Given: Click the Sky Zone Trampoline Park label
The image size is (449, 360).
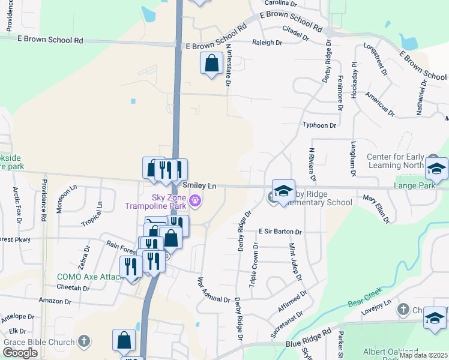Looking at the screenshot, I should [155, 202].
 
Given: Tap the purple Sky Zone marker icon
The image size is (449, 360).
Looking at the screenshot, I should [194, 201].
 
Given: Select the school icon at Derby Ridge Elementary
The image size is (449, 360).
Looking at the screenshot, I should [283, 191].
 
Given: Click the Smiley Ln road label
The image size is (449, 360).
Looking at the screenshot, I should [199, 187].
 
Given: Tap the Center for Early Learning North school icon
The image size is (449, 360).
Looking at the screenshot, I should [436, 170].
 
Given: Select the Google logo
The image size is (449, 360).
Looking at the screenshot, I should [20, 353].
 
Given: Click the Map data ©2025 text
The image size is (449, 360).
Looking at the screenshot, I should [423, 355].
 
